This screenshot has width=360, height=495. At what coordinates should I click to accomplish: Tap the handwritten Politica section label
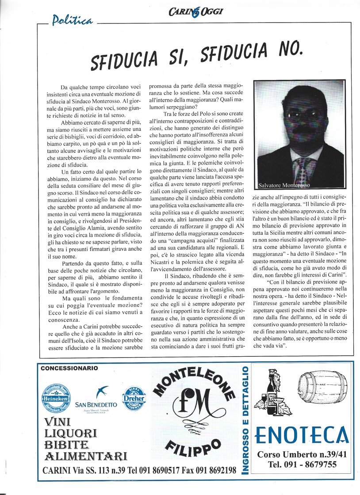click(72, 20)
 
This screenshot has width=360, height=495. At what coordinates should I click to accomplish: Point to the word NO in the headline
click(288, 49)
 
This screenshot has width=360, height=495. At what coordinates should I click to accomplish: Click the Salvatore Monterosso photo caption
click(285, 185)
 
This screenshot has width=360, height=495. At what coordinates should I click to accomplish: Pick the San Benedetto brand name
click(96, 404)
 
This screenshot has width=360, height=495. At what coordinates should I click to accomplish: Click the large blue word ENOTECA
click(302, 435)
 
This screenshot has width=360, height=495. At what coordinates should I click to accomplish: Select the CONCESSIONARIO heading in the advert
click(69, 368)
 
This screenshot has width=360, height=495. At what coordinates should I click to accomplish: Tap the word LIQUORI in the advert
click(71, 433)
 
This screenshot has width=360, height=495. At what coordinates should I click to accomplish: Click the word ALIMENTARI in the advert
click(85, 456)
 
